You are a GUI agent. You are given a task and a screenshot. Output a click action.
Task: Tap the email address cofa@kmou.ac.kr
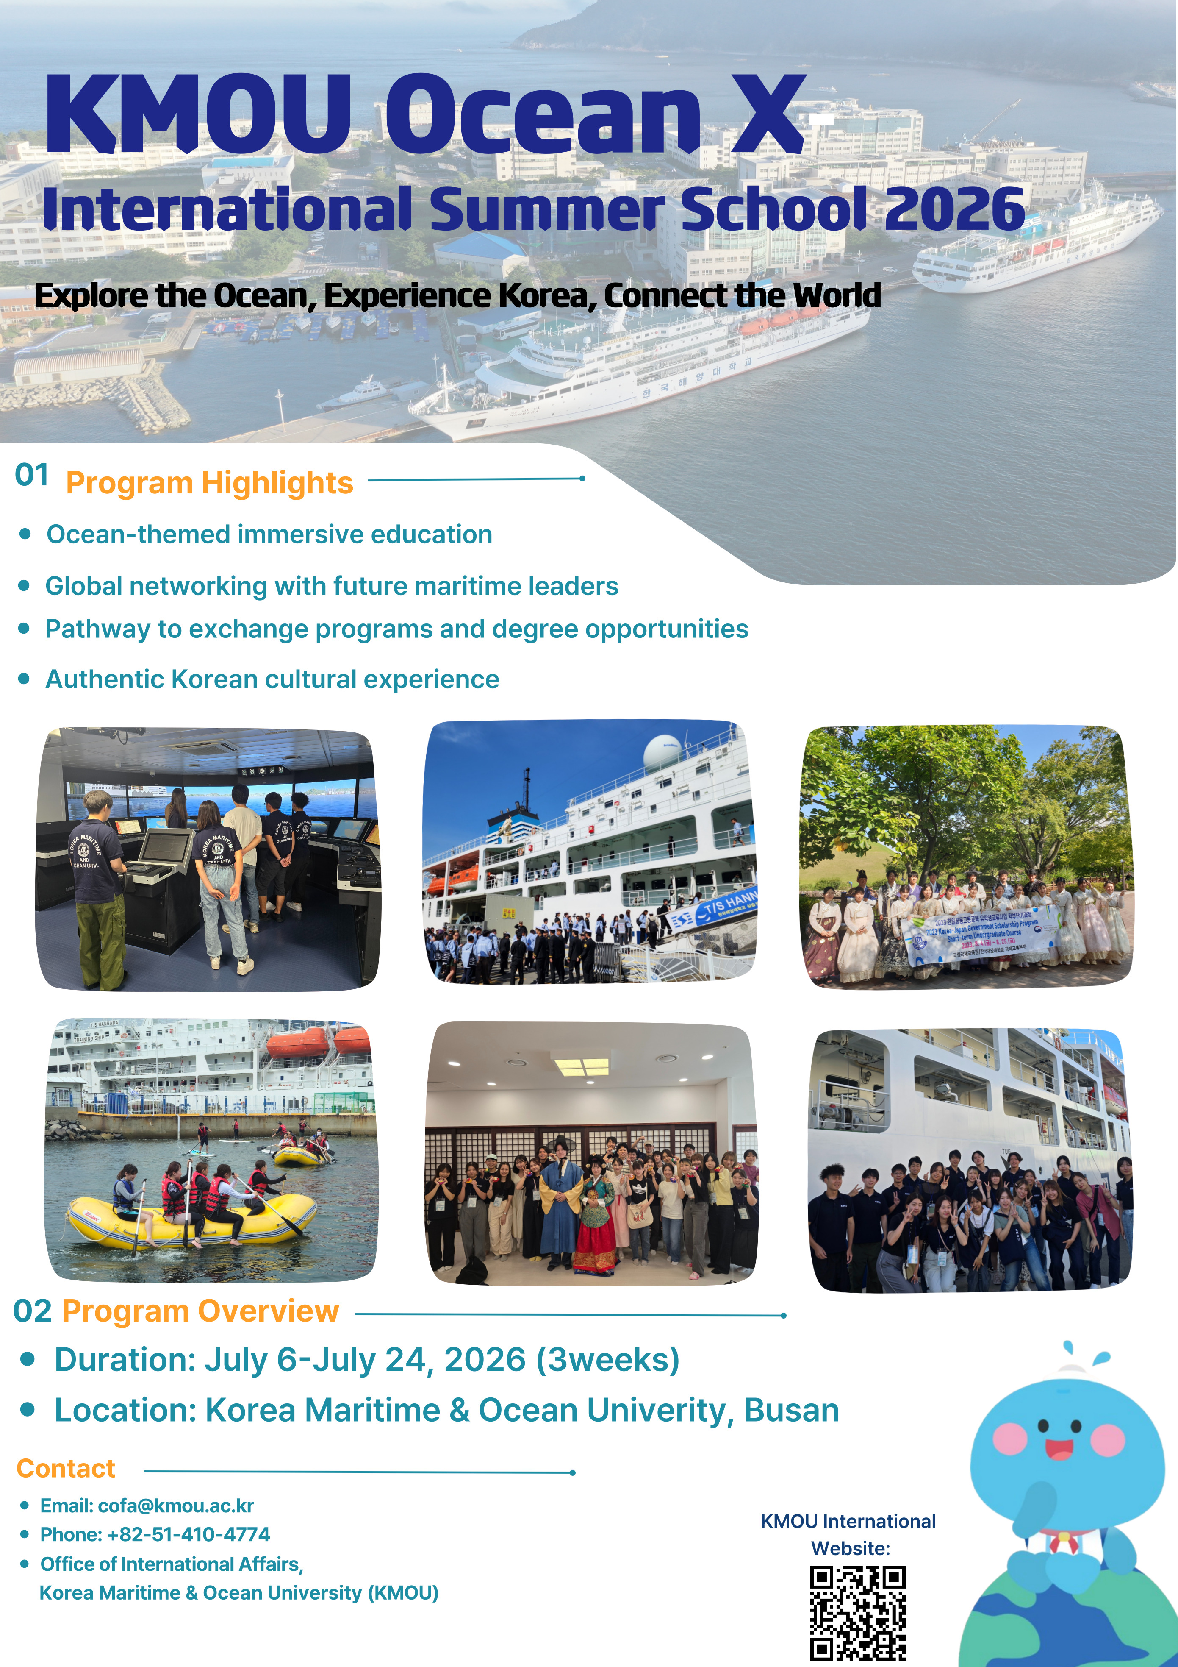point(176,1506)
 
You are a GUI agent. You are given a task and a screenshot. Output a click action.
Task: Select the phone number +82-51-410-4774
point(188,1534)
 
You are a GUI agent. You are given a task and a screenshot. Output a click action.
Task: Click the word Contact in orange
point(66,1468)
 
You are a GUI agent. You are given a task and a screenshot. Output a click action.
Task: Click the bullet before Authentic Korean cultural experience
point(25,679)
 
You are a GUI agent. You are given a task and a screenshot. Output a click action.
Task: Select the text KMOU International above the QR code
point(848,1521)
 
